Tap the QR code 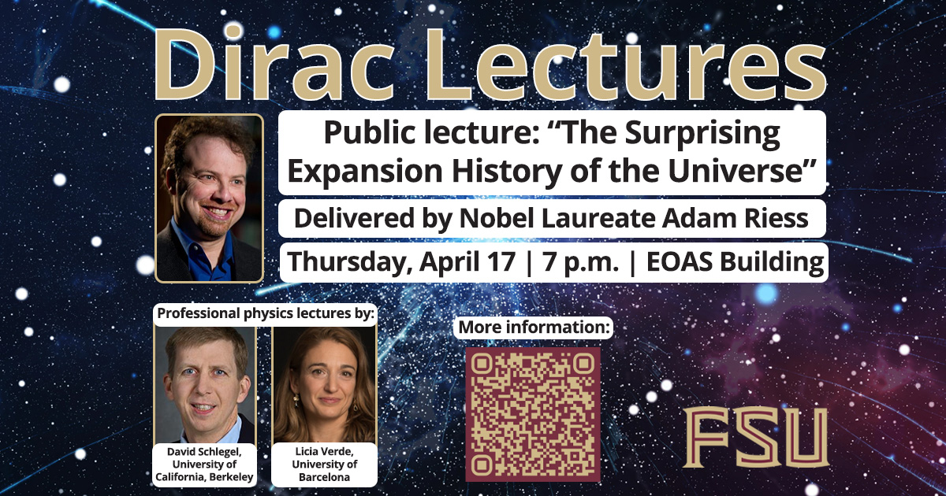click(x=532, y=413)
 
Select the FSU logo click(x=754, y=438)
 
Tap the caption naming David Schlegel click(x=206, y=465)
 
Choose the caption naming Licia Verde click(x=324, y=465)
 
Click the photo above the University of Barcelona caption click(x=324, y=385)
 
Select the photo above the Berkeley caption click(x=206, y=385)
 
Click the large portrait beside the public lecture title click(x=209, y=198)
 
